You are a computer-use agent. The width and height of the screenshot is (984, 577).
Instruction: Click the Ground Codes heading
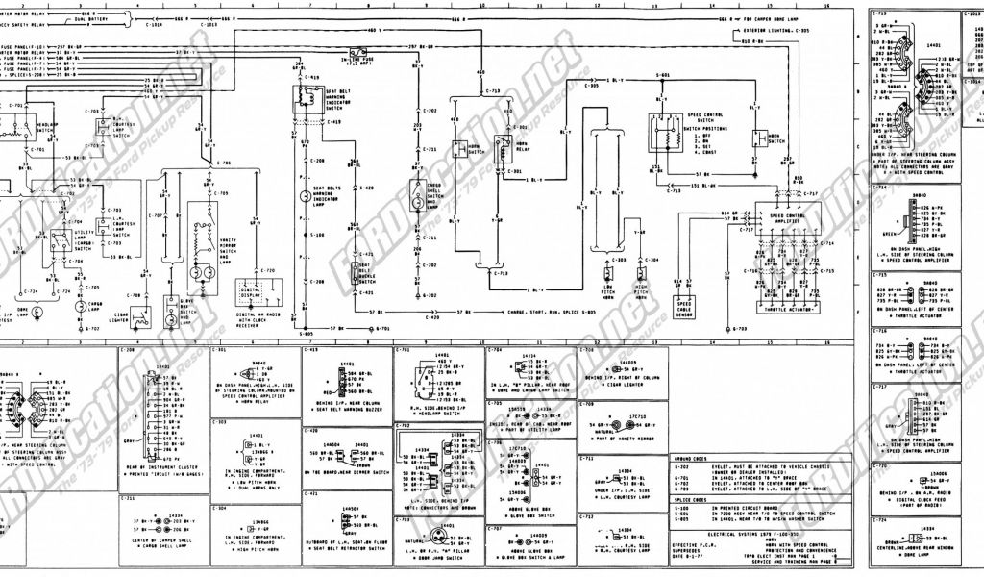coord(692,459)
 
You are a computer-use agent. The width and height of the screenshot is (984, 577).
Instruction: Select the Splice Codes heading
coord(692,499)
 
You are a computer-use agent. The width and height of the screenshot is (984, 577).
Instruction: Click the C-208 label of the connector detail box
coord(128,351)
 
